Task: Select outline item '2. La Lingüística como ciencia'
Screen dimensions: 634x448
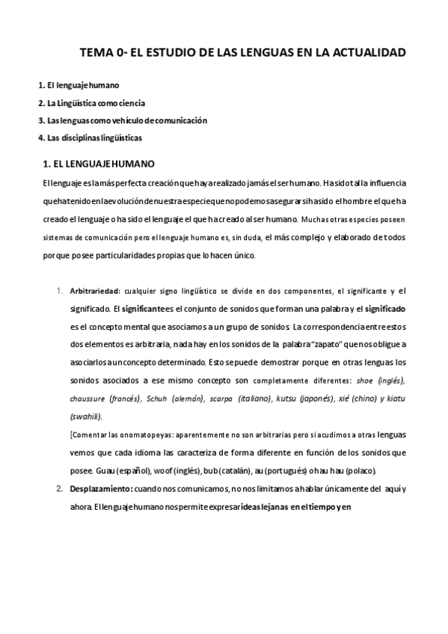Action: tap(91, 103)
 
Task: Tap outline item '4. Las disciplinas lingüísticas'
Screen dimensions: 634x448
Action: tap(90, 138)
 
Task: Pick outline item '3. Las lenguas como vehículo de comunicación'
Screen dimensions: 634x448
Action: tap(122, 120)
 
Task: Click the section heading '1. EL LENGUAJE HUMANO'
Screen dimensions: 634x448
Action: tap(99, 163)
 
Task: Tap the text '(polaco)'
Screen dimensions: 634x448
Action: tap(358, 470)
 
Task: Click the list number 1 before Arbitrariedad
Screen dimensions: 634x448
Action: tap(59, 290)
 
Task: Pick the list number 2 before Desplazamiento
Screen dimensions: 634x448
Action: tap(59, 488)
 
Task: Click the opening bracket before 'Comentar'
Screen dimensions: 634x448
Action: tap(70, 434)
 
